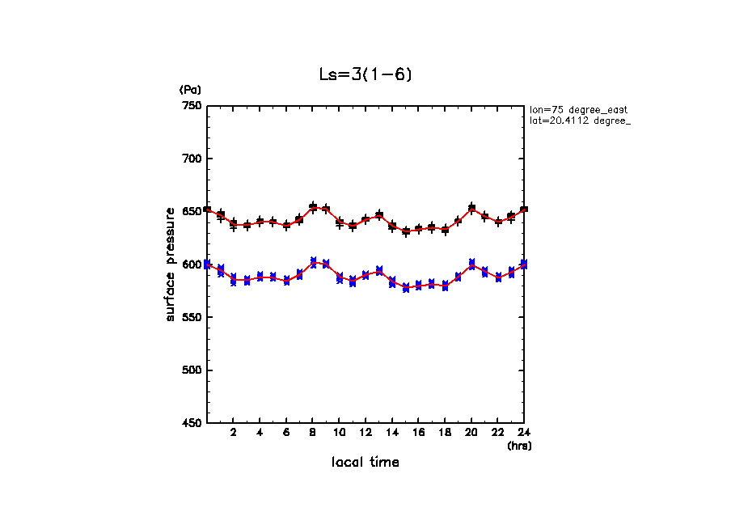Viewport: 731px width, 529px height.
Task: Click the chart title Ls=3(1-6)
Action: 366,75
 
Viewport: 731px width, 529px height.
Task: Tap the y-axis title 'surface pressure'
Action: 171,264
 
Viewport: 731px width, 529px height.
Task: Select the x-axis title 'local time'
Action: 365,463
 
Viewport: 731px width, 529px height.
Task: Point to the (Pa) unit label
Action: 190,90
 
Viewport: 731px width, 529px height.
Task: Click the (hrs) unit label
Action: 519,446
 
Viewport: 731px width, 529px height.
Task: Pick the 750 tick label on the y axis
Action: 192,106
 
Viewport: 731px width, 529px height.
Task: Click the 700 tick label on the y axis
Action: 192,159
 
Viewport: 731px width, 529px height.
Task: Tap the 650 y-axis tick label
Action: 192,212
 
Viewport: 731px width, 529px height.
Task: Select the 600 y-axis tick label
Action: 192,264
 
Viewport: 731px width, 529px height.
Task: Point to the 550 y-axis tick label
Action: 192,317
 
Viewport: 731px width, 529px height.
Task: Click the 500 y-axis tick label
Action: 192,370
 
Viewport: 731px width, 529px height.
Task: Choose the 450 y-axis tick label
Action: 192,423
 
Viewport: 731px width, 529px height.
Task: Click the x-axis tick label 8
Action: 313,433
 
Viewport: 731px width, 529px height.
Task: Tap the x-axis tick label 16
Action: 418,433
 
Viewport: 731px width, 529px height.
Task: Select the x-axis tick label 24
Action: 524,433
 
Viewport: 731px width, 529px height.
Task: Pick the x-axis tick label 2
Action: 234,433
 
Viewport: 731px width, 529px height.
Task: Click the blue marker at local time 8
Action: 313,261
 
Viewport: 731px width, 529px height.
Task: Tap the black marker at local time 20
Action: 471,208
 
